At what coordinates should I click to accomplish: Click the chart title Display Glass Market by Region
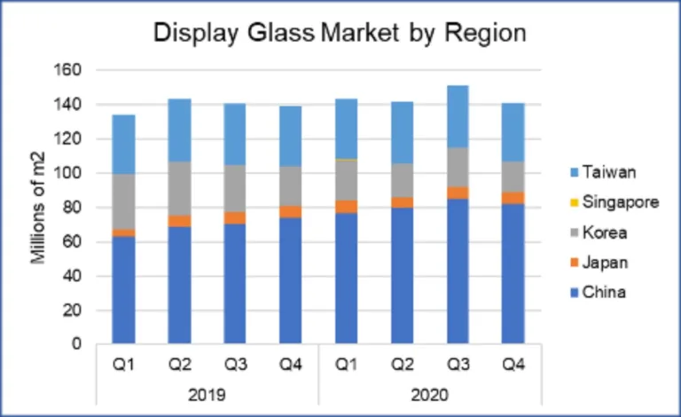(340, 33)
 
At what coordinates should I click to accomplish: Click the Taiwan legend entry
(603, 172)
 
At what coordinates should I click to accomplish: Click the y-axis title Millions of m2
(39, 207)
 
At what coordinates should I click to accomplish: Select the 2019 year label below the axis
(207, 393)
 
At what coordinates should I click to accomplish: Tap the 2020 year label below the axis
(430, 393)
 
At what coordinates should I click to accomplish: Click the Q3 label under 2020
(458, 365)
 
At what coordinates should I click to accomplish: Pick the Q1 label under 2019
(123, 365)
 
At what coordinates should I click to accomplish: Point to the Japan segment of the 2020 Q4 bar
(513, 198)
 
